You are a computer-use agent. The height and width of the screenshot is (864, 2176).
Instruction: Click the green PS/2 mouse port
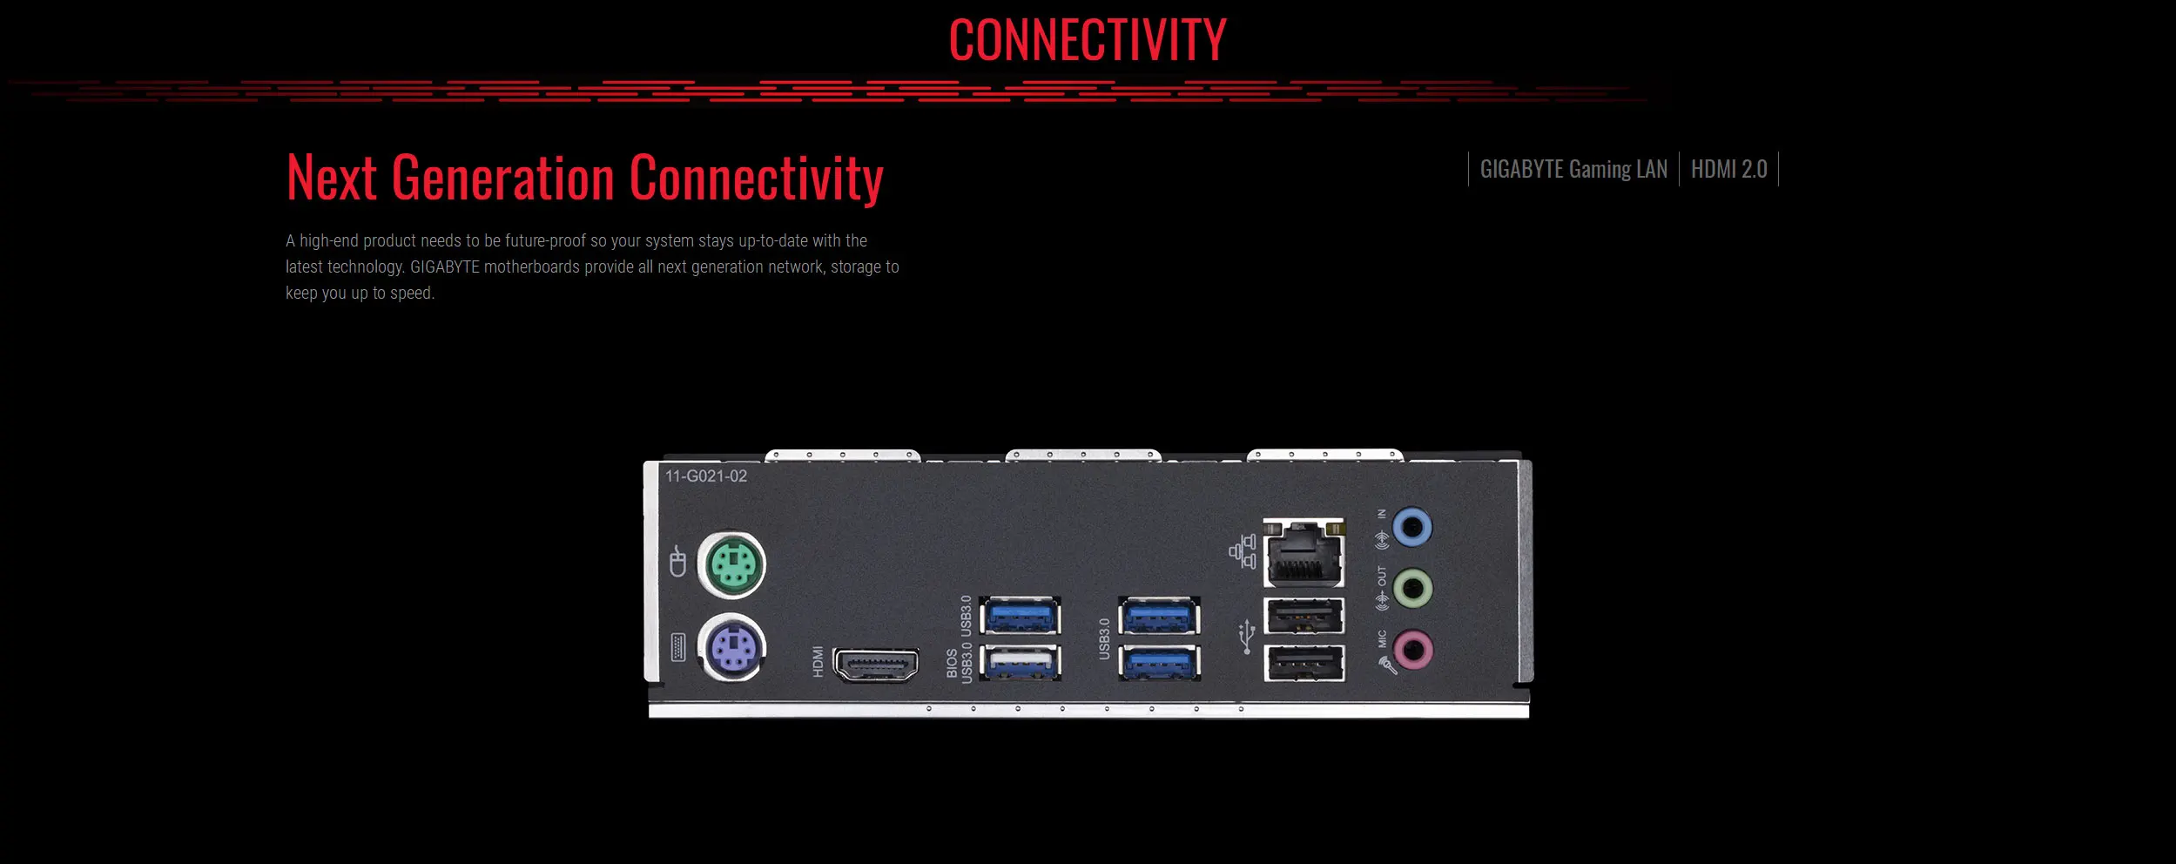pos(731,565)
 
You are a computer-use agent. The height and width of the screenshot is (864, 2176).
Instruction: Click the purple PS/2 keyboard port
pos(731,648)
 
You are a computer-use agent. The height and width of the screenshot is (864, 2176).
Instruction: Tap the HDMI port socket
pos(876,665)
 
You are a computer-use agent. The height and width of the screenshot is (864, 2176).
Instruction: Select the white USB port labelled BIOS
pos(1020,662)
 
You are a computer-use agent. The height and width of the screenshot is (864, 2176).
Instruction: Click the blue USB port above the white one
pos(1020,617)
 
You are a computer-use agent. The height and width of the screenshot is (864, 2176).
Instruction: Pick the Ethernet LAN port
pos(1304,552)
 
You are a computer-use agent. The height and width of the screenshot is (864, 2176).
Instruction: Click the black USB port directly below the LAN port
pos(1304,617)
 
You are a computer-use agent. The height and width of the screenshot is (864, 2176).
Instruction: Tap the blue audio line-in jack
pos(1411,527)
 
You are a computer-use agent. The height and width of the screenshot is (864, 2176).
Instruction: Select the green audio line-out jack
pos(1411,589)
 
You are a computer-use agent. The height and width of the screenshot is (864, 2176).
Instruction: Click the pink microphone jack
pos(1411,650)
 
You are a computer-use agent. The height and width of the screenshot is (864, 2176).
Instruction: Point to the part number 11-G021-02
pos(706,476)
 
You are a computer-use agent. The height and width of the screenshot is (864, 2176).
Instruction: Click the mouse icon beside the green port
pos(677,562)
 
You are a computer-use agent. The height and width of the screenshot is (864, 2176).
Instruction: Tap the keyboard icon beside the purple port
pos(678,647)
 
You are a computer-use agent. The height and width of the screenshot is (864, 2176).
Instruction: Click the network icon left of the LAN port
pos(1243,551)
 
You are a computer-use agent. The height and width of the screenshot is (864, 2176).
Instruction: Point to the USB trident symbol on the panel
pos(1247,637)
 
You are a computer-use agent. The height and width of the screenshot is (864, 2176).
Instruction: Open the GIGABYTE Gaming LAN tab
pos(1573,169)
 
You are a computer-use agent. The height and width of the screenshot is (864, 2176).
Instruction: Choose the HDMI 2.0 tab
pos(1728,169)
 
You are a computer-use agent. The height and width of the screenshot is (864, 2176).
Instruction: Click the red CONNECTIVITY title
pos(1088,40)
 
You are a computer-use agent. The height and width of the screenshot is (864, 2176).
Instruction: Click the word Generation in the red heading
pos(503,179)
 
